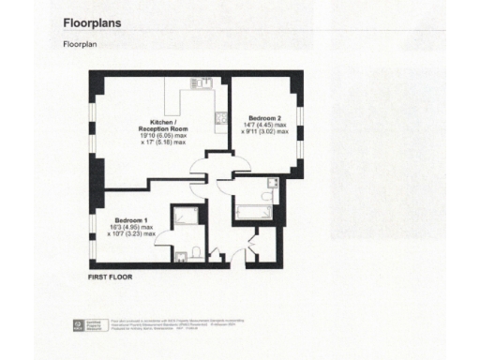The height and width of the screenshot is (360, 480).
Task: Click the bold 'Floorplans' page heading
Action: tap(97, 21)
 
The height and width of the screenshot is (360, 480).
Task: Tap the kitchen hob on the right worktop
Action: tap(218, 117)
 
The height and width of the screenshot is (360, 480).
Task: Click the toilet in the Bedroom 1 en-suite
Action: tap(192, 250)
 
